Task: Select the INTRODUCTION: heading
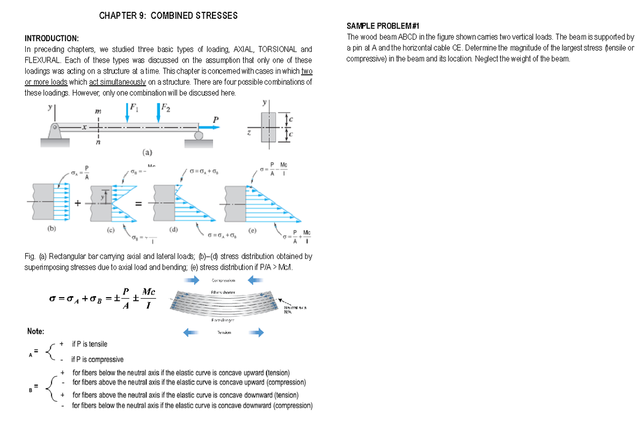(52, 39)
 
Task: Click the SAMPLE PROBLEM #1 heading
(383, 26)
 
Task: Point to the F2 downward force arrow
(159, 114)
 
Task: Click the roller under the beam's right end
(198, 136)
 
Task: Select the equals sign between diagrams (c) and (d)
(138, 204)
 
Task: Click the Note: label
(36, 331)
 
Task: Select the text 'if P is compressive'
(97, 359)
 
